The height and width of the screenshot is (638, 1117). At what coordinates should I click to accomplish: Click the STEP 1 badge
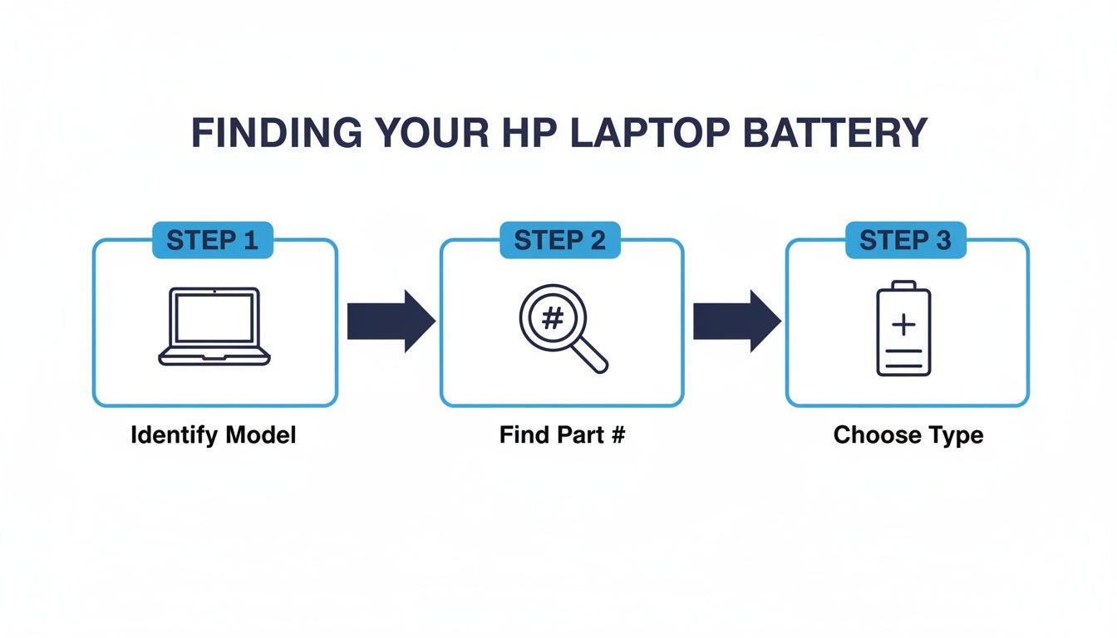tap(212, 240)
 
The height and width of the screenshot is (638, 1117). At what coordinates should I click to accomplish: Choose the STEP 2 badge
tap(559, 240)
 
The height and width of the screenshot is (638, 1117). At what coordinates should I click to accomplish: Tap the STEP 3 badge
tap(905, 240)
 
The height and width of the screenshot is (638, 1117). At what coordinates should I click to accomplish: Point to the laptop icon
tap(214, 326)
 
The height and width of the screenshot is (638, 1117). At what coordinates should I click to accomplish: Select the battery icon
tap(904, 328)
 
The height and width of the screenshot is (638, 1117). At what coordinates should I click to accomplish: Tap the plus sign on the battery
tap(903, 325)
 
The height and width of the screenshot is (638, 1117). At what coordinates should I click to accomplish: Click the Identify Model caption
tap(214, 435)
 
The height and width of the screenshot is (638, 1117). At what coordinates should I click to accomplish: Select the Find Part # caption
tap(562, 435)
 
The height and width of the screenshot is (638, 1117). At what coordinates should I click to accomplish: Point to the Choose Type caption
tap(908, 435)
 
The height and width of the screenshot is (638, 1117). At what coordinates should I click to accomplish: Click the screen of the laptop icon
tap(214, 317)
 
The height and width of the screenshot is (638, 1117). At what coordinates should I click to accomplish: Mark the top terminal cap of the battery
tap(904, 285)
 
